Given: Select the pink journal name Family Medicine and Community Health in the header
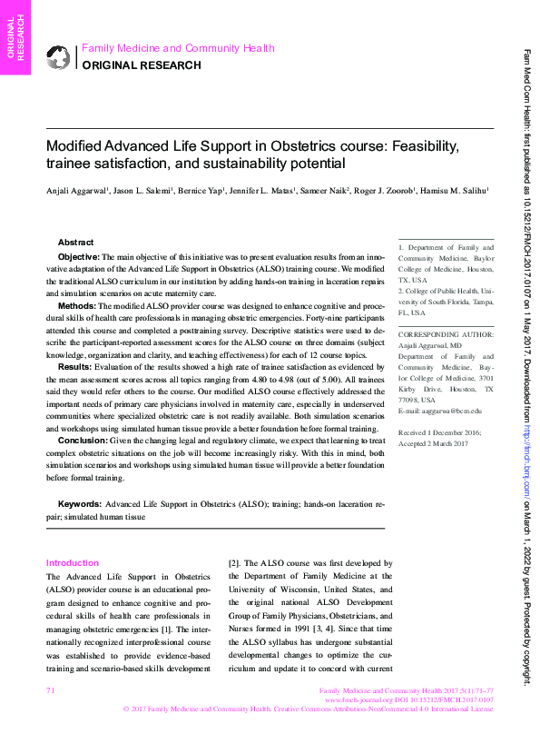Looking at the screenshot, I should [178, 48].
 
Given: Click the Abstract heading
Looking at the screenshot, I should [75, 243].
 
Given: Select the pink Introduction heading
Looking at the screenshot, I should [73, 563].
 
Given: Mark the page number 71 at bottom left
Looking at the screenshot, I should [50, 692].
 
